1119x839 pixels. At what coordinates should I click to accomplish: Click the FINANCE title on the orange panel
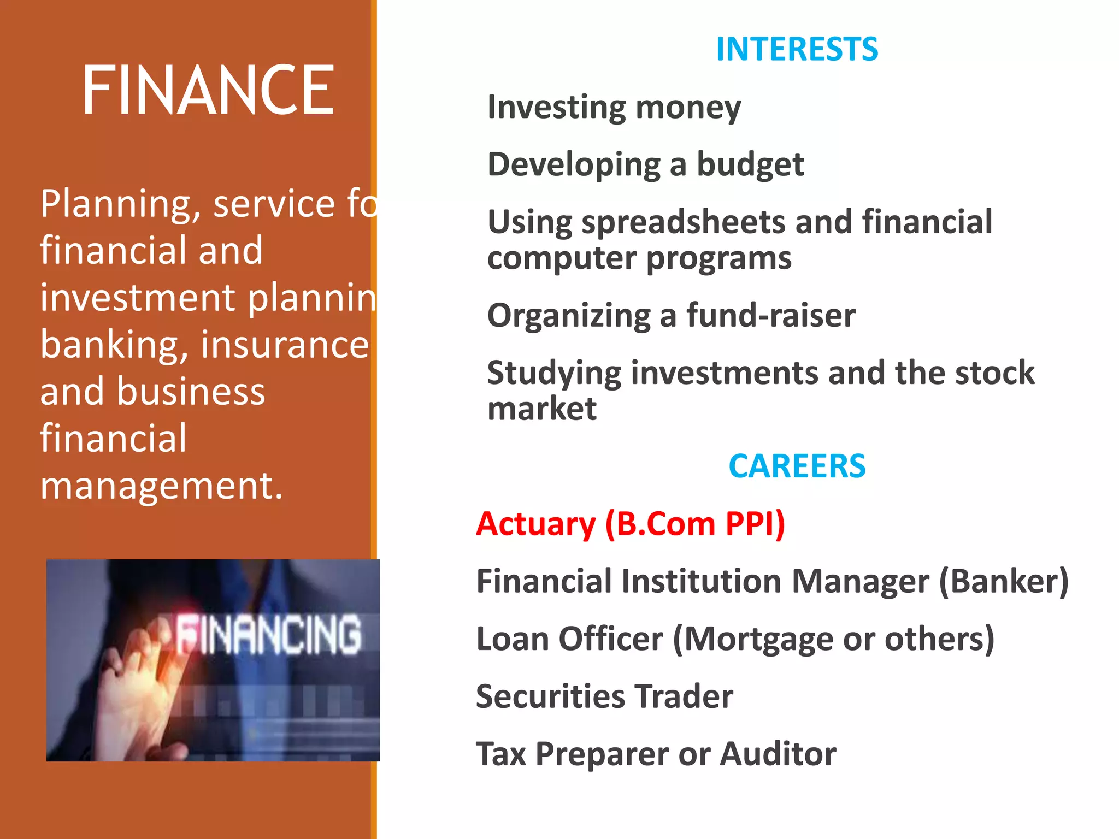tap(208, 90)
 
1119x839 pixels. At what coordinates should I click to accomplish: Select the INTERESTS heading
tap(797, 49)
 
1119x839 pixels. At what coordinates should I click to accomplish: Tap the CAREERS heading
tap(797, 466)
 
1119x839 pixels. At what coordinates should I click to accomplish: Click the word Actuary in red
tap(535, 524)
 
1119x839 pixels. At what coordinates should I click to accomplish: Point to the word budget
tap(750, 165)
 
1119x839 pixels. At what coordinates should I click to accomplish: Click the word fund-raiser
tap(770, 316)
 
